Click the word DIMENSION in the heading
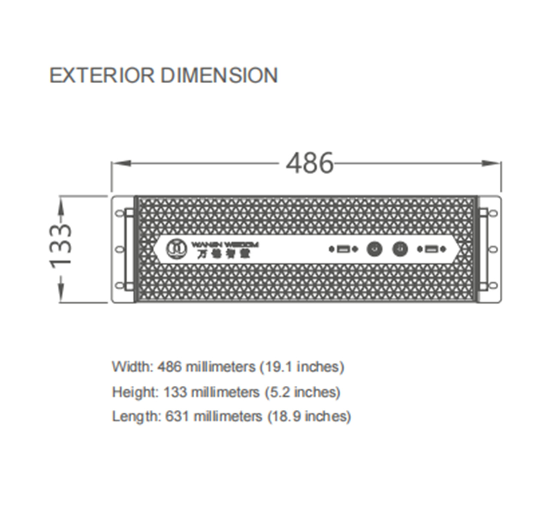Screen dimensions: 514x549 [219, 76]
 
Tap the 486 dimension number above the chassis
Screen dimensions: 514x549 [310, 163]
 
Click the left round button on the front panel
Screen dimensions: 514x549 [374, 249]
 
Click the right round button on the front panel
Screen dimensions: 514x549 [400, 249]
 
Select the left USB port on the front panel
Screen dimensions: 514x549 [342, 249]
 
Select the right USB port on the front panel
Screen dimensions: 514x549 [431, 249]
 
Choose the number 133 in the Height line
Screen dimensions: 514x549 [175, 392]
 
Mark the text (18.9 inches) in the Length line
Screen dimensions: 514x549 [309, 416]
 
